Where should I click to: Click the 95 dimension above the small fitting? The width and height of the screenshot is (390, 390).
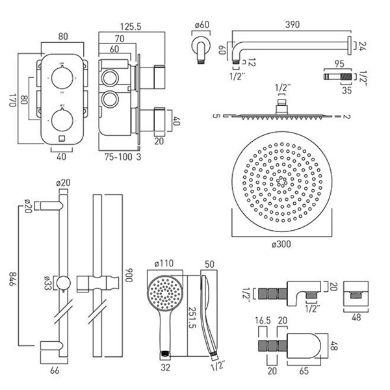pyautogui.click(x=339, y=64)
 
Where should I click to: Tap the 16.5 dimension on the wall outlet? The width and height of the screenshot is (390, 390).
pyautogui.click(x=263, y=322)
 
